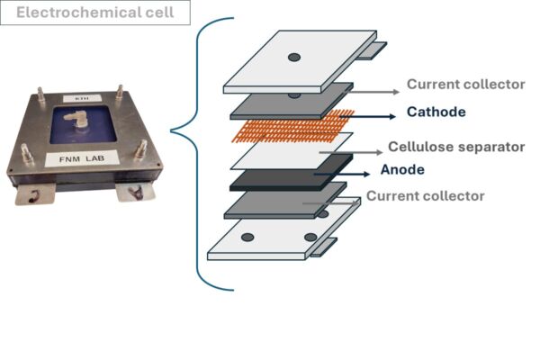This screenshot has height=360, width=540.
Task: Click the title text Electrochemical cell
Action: (x=95, y=13)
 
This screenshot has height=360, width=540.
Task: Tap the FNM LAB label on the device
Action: (x=82, y=158)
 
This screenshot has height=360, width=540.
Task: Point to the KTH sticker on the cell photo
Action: (x=82, y=98)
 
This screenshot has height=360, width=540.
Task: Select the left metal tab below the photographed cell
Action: (x=35, y=194)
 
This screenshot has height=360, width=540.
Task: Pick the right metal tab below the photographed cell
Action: (x=135, y=193)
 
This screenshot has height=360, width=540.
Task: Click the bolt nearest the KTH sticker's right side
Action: (x=120, y=93)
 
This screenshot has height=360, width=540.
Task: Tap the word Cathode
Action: (x=436, y=112)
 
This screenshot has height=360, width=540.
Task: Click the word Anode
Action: (x=402, y=169)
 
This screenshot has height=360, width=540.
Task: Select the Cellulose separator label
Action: (x=456, y=147)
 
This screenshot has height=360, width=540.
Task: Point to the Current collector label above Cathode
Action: (x=465, y=85)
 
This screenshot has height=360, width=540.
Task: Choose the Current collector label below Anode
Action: (x=426, y=196)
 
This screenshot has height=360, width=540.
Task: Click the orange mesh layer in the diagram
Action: (x=292, y=127)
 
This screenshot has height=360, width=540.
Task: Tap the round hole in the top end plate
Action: (x=294, y=58)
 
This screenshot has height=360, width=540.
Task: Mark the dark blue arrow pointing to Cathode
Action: (x=367, y=116)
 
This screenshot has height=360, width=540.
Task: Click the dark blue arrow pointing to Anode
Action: (x=342, y=174)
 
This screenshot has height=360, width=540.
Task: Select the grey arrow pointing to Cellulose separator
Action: (x=351, y=152)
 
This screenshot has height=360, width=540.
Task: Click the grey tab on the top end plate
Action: (x=372, y=50)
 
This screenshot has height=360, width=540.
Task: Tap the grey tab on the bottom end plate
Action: (x=324, y=247)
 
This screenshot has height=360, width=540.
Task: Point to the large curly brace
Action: (x=198, y=154)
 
